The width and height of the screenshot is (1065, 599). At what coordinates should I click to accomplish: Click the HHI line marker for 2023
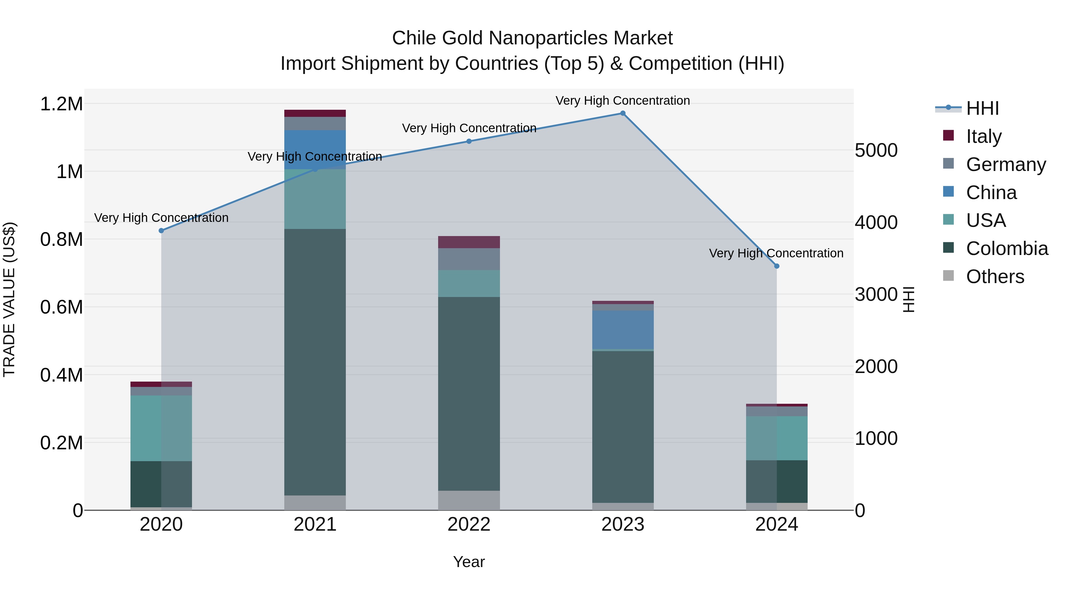(623, 113)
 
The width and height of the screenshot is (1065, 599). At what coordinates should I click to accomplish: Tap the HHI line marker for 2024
(777, 266)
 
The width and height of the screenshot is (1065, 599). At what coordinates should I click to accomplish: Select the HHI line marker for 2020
(161, 231)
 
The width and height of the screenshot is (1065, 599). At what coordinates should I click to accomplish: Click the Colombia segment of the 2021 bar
(315, 362)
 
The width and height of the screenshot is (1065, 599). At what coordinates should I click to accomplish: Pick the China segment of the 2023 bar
(623, 330)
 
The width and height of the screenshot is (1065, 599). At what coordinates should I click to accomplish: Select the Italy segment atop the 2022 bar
(469, 242)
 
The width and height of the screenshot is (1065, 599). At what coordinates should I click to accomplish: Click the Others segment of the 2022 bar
(469, 500)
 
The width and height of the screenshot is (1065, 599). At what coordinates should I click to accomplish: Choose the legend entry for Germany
(1006, 164)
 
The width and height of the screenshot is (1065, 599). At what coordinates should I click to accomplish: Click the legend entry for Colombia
(1007, 248)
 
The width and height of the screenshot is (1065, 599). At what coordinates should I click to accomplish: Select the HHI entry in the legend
(982, 108)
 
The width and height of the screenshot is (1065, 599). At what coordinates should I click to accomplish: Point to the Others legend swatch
(948, 276)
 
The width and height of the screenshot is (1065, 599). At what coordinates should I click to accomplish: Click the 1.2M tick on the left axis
(61, 104)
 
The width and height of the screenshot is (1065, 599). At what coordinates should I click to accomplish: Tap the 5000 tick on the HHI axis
(876, 151)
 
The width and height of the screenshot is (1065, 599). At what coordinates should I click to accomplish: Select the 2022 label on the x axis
(469, 524)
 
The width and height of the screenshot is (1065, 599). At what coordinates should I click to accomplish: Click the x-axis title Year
(469, 562)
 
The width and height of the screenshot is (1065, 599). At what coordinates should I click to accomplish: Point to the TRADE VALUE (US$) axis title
(9, 299)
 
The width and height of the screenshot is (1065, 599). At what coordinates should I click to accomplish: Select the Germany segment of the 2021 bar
(315, 124)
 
